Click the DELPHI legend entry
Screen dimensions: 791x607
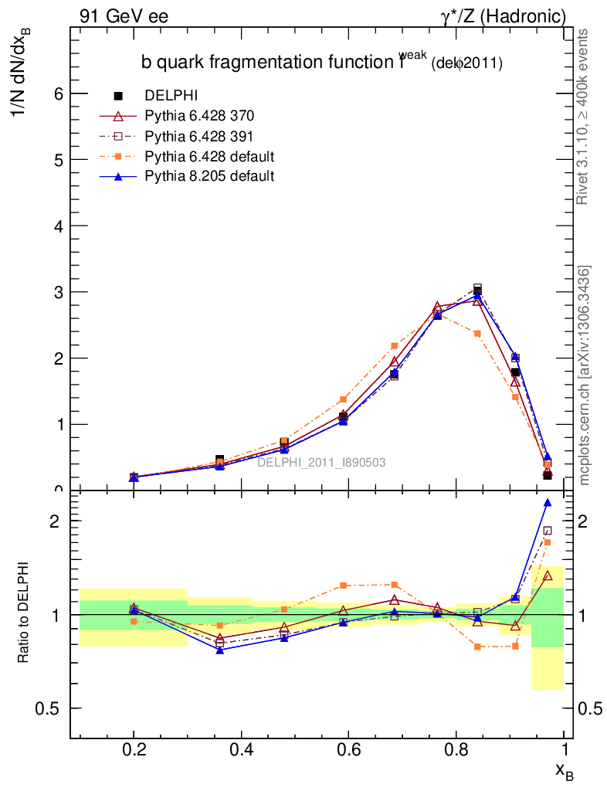[x=171, y=96]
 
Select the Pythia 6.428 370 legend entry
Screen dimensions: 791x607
[x=199, y=116]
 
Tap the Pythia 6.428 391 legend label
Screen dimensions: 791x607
[x=199, y=136]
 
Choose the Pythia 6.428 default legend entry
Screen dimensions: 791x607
[x=209, y=156]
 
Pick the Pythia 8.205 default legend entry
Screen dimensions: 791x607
[x=209, y=176]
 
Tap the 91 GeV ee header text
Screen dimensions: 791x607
[x=124, y=15]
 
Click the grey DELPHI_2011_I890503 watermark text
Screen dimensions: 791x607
[x=321, y=462]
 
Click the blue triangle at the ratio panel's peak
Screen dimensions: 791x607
[x=548, y=503]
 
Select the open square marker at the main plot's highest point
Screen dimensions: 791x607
[x=477, y=288]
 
